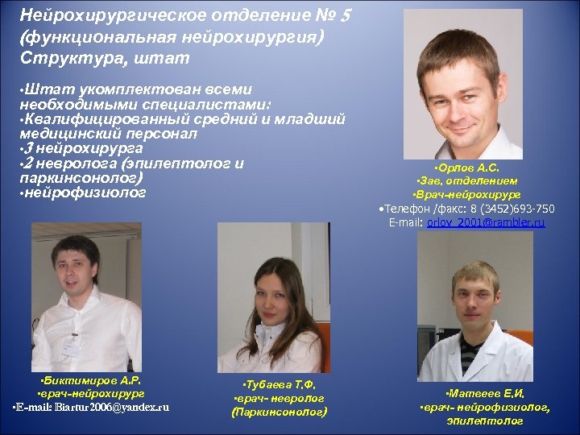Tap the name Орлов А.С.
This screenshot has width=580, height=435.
pyautogui.click(x=466, y=168)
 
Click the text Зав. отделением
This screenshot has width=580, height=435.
pyautogui.click(x=467, y=181)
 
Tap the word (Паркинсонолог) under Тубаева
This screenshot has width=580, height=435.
pyautogui.click(x=279, y=412)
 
